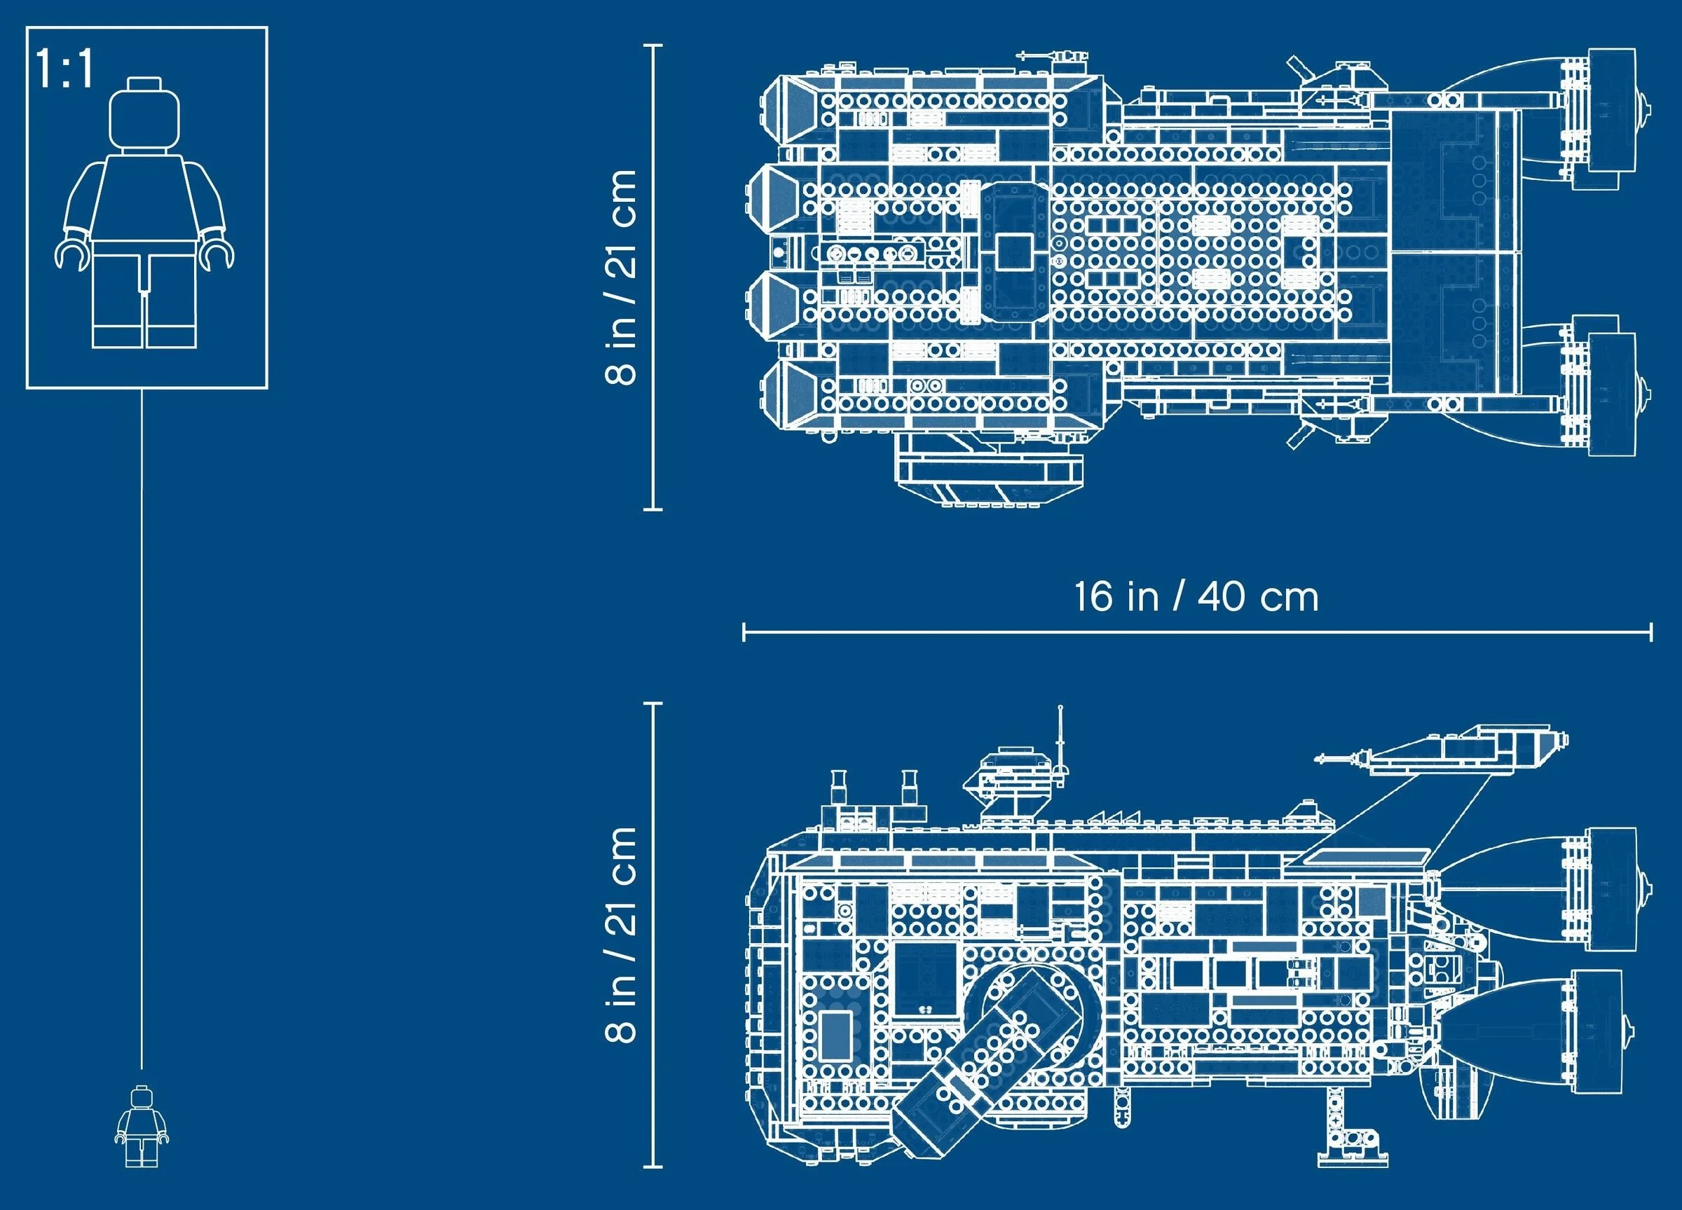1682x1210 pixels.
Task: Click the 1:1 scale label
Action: click(65, 69)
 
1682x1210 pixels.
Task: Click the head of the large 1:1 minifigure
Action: click(144, 115)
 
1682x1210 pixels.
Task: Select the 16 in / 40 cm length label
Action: click(1196, 597)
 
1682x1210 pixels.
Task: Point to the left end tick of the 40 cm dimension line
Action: click(744, 633)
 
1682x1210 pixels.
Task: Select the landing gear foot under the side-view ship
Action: click(1352, 1159)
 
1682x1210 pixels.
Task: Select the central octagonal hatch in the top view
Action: click(1014, 252)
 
